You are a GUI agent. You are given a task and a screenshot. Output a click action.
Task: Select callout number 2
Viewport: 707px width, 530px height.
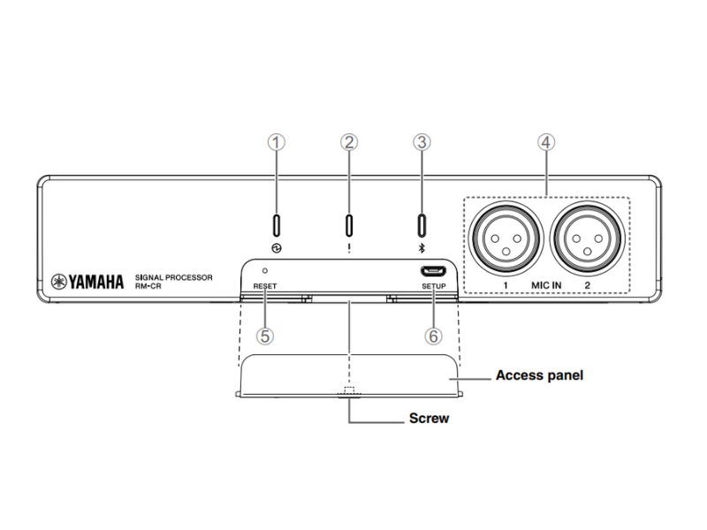click(350, 141)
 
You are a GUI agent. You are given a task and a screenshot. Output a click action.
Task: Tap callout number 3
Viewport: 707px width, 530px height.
click(422, 141)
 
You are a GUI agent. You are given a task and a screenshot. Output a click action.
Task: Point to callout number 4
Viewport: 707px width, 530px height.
click(547, 141)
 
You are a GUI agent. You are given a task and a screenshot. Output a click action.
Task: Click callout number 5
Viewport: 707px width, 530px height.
click(263, 337)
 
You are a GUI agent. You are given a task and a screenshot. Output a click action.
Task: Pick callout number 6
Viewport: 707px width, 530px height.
click(433, 337)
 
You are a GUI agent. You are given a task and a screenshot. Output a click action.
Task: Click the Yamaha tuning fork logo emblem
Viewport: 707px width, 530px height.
click(58, 282)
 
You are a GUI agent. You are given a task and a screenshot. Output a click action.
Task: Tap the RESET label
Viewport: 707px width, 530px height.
click(264, 287)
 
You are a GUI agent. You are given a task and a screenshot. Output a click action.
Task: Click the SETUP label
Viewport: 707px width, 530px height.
click(434, 287)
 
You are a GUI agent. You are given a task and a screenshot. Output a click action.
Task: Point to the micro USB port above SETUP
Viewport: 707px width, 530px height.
click(433, 269)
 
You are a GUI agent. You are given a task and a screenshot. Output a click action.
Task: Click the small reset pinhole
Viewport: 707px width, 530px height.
click(265, 267)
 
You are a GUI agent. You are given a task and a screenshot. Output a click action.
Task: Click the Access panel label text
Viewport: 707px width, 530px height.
click(539, 375)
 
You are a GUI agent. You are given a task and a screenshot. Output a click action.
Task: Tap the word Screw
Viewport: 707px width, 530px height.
click(428, 419)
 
